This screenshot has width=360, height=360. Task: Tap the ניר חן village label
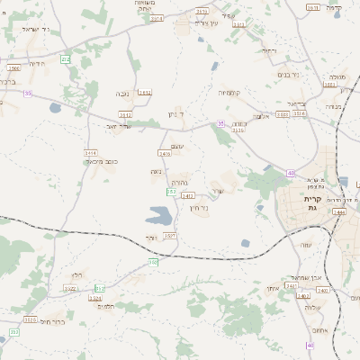[199, 208]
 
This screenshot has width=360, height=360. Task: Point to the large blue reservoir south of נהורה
[159, 216]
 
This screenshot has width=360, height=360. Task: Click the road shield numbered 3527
[169, 235]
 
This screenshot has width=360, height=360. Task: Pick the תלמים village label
[105, 306]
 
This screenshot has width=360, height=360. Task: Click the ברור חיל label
[53, 320]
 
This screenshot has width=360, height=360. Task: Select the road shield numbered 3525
[30, 319]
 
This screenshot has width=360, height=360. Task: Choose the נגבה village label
[121, 93]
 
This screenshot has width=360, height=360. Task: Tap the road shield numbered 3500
[13, 67]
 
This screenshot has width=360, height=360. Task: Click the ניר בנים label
[288, 76]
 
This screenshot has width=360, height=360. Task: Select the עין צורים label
[207, 22]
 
